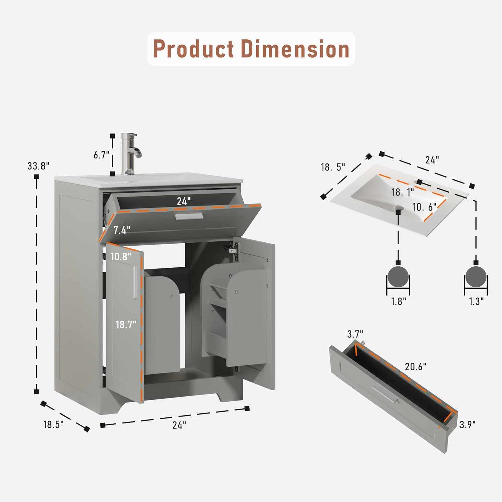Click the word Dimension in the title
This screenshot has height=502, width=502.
pyautogui.click(x=295, y=49)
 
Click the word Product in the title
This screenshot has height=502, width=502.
pyautogui.click(x=193, y=49)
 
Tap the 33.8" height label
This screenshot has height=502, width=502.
pyautogui.click(x=38, y=166)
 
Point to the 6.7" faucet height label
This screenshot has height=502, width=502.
pyautogui.click(x=101, y=155)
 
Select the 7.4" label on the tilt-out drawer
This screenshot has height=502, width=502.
pyautogui.click(x=122, y=230)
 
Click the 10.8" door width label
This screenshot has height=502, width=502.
pyautogui.click(x=121, y=257)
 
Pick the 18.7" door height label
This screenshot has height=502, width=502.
pyautogui.click(x=126, y=324)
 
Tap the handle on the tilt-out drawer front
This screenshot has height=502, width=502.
pyautogui.click(x=189, y=217)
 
